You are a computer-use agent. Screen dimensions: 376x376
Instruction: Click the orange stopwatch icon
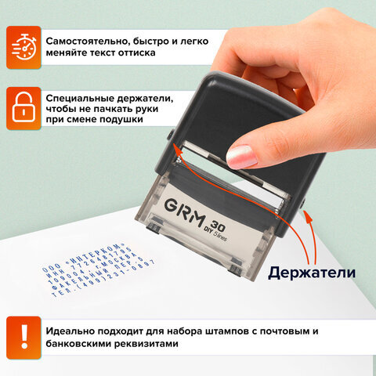(x=24, y=45)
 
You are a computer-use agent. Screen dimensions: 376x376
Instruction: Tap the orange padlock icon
(x=24, y=107)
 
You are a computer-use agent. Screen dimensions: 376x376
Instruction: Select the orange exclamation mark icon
(x=24, y=335)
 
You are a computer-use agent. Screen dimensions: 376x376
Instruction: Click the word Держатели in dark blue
(x=311, y=273)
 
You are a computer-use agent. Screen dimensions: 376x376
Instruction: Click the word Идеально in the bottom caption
(x=70, y=329)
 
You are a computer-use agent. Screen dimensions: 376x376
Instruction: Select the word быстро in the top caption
(x=156, y=39)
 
